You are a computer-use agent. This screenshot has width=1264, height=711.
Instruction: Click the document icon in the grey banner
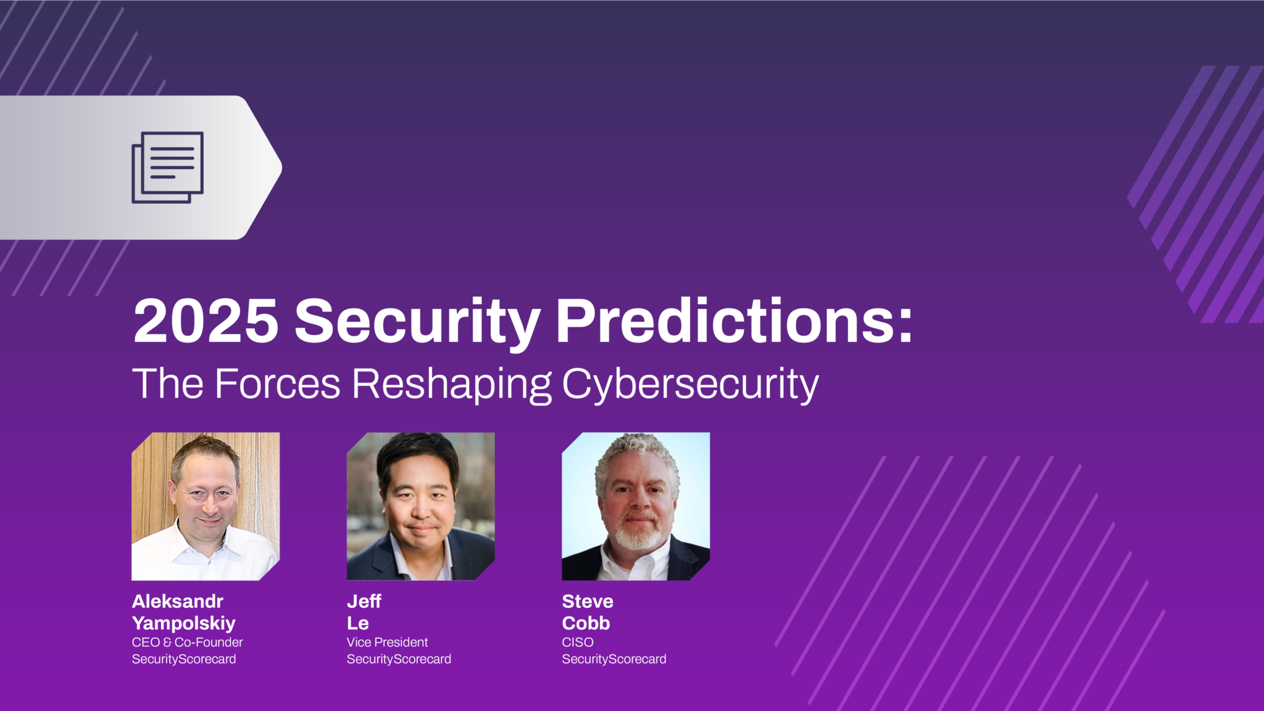(x=167, y=167)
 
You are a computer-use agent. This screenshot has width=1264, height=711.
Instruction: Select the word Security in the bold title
(x=417, y=322)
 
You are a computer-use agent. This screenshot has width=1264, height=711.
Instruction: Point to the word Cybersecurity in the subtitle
(x=690, y=385)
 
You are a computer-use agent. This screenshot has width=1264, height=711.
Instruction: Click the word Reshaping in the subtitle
(x=451, y=385)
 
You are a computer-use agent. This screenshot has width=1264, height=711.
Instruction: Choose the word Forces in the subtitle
(x=278, y=384)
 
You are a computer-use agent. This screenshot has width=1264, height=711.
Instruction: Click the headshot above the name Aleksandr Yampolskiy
(x=206, y=506)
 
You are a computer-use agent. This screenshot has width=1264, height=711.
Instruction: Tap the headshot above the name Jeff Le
(x=420, y=506)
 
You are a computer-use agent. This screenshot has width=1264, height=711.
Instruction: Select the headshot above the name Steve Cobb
(x=636, y=506)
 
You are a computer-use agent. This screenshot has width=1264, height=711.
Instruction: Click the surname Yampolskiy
(x=184, y=623)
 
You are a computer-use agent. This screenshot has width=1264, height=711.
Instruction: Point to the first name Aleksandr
(x=178, y=601)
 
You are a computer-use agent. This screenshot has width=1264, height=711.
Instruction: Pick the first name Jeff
(x=364, y=601)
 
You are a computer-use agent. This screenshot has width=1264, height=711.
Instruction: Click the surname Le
(x=358, y=623)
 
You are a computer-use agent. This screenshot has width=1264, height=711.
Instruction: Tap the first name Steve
(x=588, y=601)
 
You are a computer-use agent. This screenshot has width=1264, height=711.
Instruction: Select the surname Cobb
(x=586, y=623)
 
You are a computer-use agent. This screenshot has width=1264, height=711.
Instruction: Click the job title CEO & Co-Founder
(x=187, y=642)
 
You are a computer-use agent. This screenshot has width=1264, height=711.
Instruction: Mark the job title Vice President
(x=387, y=642)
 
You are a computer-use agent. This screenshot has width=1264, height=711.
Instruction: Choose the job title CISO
(x=578, y=642)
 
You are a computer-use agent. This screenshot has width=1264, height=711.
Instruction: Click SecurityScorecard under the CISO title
(x=614, y=659)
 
